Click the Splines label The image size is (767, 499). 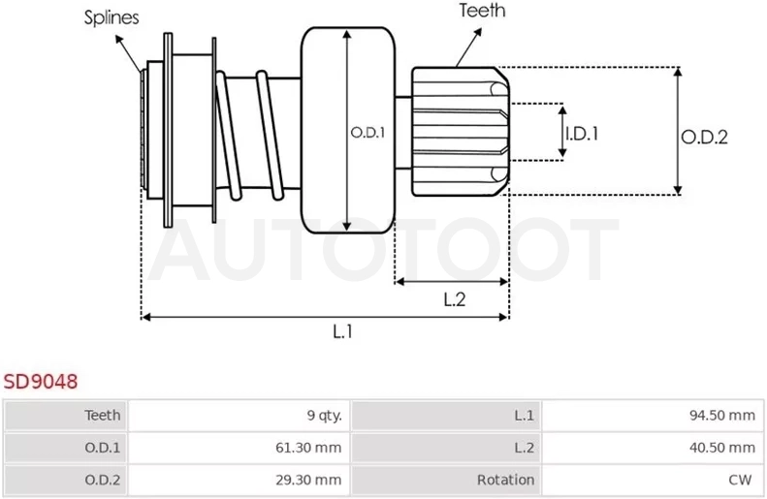[112, 17]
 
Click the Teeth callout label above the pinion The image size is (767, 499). [482, 11]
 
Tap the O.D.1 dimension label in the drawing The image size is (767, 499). [368, 133]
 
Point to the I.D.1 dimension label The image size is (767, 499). [582, 134]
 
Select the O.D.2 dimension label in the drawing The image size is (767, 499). [704, 138]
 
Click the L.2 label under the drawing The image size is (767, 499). [455, 299]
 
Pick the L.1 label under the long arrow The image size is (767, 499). [342, 331]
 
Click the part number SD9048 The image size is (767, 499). [41, 381]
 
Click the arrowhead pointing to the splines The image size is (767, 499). [119, 39]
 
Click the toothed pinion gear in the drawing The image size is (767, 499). [461, 132]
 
